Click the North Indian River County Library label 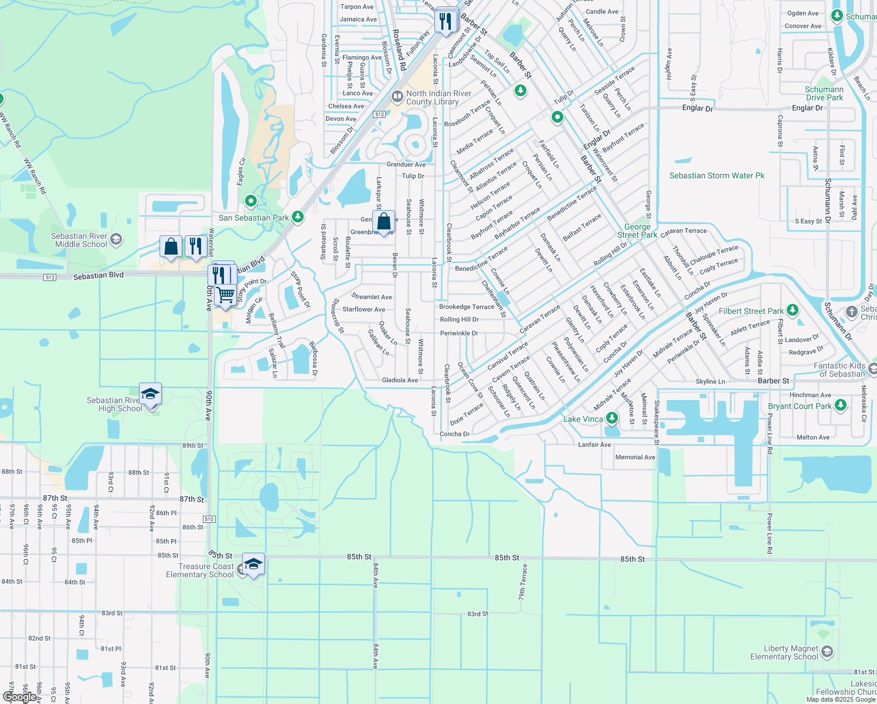[438, 97]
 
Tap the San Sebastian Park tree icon [298, 217]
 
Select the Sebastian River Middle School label [79, 240]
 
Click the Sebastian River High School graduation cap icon [150, 394]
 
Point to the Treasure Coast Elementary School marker [253, 564]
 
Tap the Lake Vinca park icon [612, 418]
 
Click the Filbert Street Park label [751, 311]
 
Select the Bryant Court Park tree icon [840, 405]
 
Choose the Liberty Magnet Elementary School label [784, 652]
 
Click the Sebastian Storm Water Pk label [717, 175]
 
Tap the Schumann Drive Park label [824, 93]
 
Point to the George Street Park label [637, 231]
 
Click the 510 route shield [209, 519]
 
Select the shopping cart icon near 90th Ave [226, 295]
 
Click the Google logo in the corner [19, 697]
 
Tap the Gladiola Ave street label [400, 380]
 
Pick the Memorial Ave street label [635, 457]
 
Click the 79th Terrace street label [522, 582]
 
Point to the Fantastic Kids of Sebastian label [839, 370]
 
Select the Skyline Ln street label [710, 381]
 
